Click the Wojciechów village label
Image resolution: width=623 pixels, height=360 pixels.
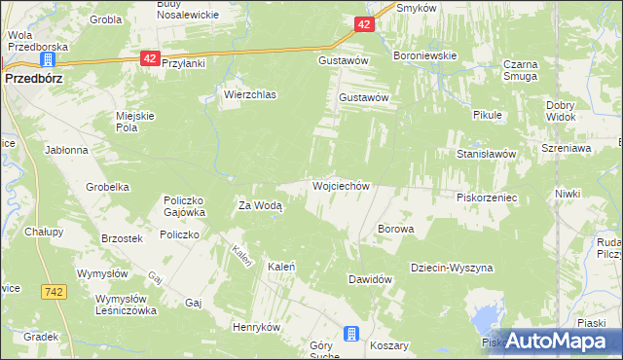[340, 185]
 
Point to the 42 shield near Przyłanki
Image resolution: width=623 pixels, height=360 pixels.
[149, 58]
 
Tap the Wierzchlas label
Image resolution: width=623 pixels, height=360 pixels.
[250, 94]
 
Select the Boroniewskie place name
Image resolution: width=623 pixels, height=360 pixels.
[424, 55]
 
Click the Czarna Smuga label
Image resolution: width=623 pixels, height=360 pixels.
[521, 70]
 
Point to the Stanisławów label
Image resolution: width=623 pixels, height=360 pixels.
[492, 154]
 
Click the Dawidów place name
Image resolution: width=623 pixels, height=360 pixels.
[370, 279]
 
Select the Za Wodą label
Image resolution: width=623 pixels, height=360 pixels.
[261, 205]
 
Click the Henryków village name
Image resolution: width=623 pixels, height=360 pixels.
[256, 327]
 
